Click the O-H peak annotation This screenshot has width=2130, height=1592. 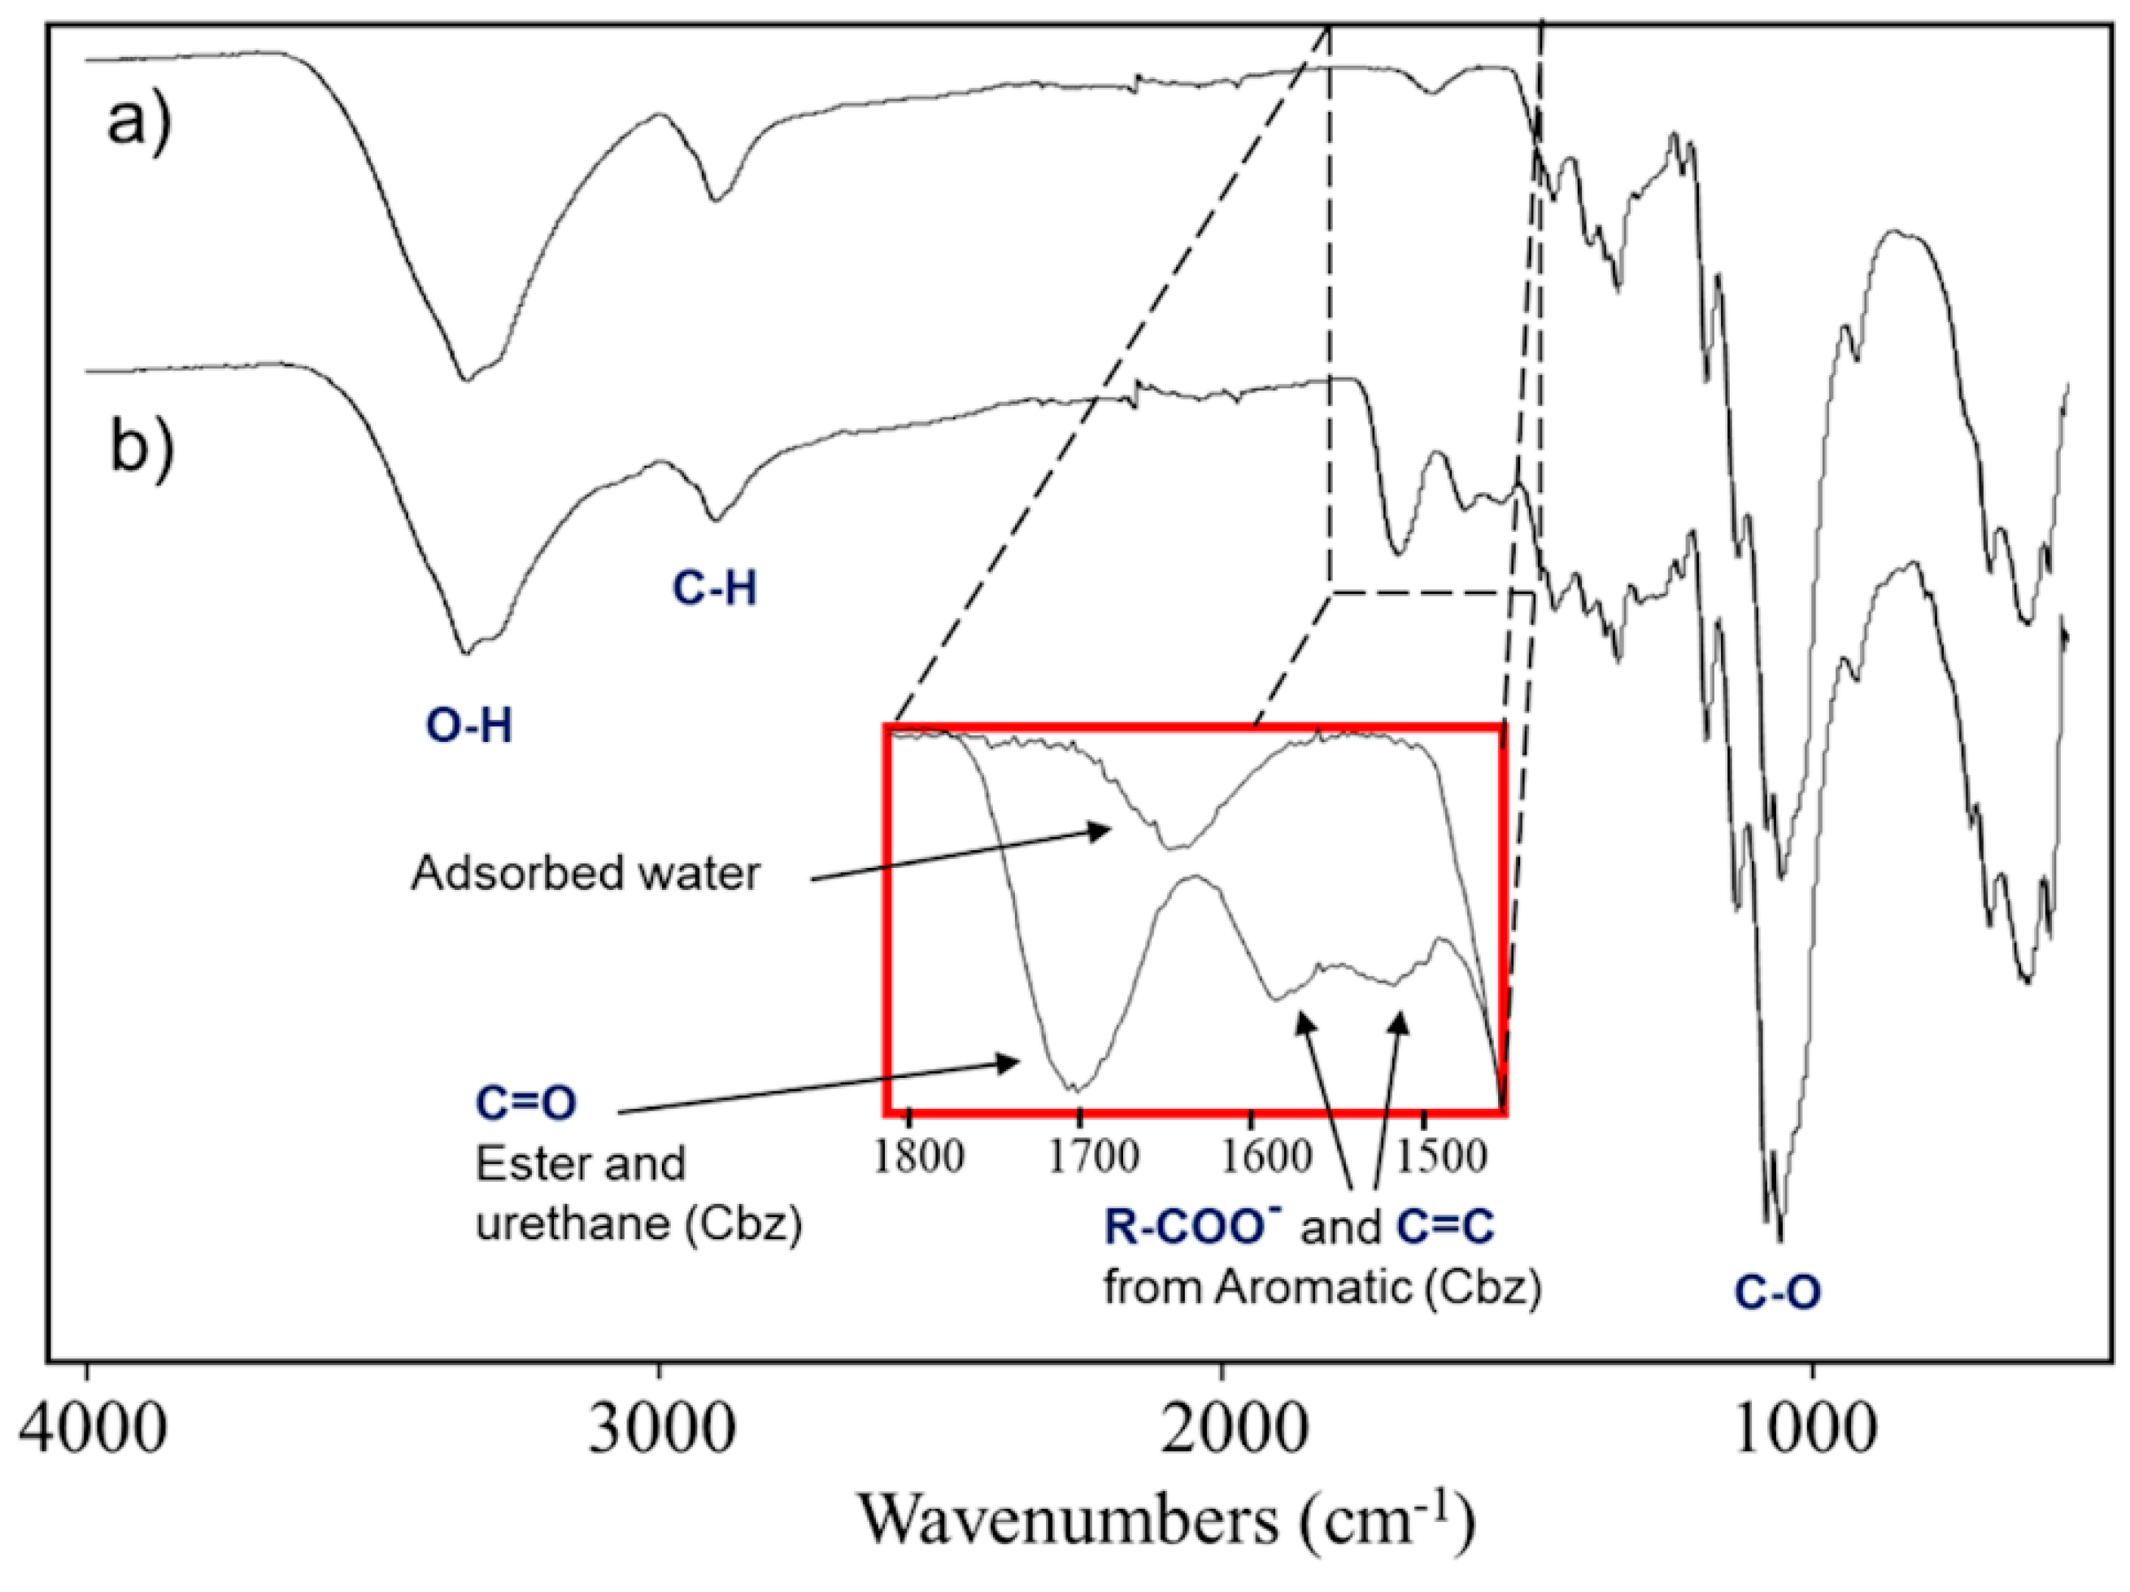click(469, 726)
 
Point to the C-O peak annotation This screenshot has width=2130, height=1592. click(1778, 1293)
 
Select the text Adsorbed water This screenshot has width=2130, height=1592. click(586, 874)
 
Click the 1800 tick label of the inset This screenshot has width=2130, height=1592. click(917, 1156)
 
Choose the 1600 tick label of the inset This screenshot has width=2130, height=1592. click(1265, 1156)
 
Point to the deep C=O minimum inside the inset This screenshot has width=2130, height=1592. click(1077, 1089)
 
